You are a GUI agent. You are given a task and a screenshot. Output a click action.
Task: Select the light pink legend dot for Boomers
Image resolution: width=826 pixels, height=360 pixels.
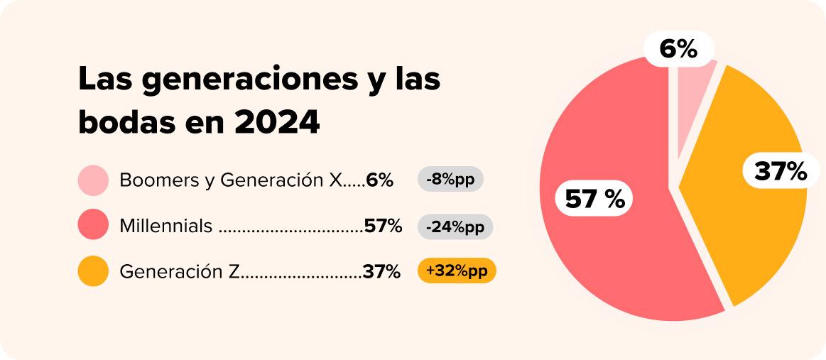point(93,180)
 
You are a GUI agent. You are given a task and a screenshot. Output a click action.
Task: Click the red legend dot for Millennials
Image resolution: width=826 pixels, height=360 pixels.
point(93,226)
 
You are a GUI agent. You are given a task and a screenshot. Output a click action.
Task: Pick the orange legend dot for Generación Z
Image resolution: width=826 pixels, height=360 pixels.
point(93,271)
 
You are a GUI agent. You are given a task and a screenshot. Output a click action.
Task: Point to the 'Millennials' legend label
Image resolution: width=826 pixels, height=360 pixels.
point(166,227)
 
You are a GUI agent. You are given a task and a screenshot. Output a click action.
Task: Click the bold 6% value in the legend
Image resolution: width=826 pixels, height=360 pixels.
point(380,180)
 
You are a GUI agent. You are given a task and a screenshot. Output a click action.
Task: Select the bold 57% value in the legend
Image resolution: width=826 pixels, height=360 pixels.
point(384,227)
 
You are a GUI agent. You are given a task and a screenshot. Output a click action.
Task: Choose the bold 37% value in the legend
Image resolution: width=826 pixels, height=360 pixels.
point(382,272)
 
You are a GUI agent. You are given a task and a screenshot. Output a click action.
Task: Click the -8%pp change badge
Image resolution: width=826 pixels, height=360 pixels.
point(450,180)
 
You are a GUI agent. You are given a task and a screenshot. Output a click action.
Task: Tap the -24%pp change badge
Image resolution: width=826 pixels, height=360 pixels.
point(455,227)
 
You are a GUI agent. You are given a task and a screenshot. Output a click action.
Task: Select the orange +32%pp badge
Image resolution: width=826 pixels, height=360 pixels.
point(457,271)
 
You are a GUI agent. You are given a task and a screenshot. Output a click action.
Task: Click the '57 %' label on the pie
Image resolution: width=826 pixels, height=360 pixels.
point(594,200)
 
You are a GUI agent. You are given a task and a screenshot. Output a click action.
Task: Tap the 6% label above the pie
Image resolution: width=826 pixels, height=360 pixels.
point(678,49)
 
